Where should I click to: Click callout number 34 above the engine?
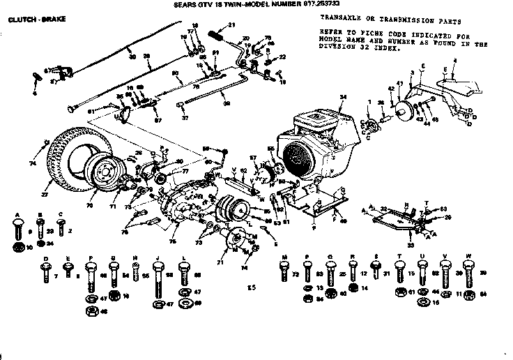pos(342,96)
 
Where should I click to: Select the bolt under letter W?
pos(469,273)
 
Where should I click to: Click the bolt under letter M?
pos(284,271)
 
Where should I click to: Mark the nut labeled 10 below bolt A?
pos(17,247)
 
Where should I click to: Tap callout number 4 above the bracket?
pos(454,61)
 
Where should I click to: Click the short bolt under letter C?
pos(61,227)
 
